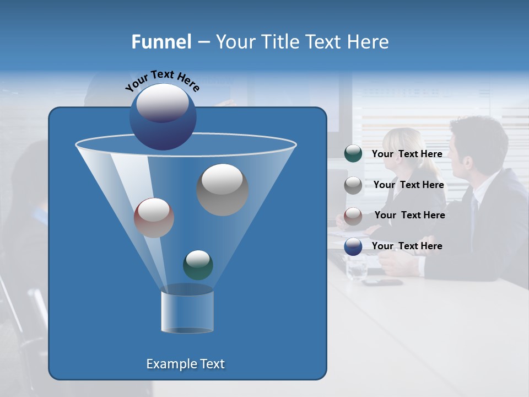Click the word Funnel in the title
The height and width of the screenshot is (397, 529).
pos(161,42)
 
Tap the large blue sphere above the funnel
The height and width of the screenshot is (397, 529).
pos(163,116)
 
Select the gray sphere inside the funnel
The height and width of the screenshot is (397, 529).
pos(223,190)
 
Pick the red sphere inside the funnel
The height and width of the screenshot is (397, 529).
pos(154,218)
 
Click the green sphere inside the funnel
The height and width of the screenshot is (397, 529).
pos(198,265)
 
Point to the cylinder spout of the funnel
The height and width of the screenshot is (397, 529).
pos(187,312)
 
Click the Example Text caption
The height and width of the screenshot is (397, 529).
pos(185,364)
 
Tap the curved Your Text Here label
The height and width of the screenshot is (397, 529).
pos(162,80)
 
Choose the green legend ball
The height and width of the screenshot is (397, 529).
pos(353,154)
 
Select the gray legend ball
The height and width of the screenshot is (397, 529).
pos(353,185)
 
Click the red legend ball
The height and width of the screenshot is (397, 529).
pos(353,216)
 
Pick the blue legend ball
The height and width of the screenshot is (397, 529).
pos(353,246)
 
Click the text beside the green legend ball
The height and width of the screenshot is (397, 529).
pos(407,154)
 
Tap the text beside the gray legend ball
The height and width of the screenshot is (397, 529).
pos(408,185)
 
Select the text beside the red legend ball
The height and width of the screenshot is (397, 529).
pos(409,216)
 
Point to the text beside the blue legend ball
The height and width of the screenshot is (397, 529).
pos(407,246)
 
